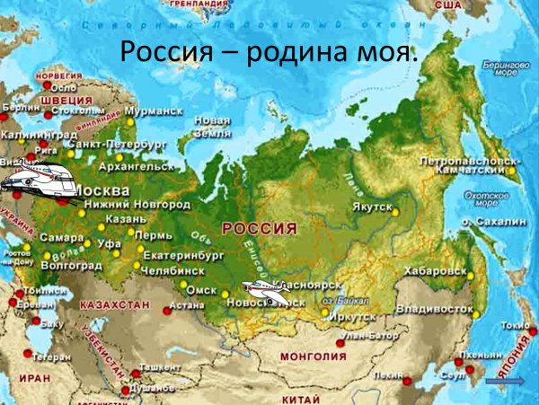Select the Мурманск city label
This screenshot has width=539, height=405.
(154, 115)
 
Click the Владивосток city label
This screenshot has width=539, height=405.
(438, 309)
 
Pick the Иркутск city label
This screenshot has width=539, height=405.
(351, 316)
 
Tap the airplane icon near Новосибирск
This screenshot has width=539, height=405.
(266, 289)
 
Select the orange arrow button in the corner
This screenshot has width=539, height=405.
(504, 383)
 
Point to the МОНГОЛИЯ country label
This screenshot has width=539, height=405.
(314, 356)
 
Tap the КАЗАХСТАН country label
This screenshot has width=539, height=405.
(114, 305)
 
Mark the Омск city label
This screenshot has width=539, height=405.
(202, 290)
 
